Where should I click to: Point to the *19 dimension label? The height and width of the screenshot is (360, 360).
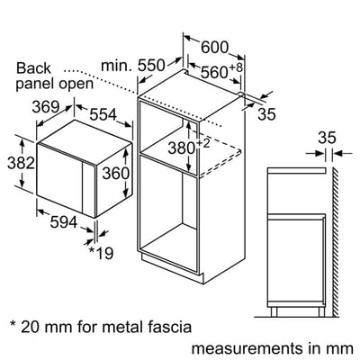[101, 252]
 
